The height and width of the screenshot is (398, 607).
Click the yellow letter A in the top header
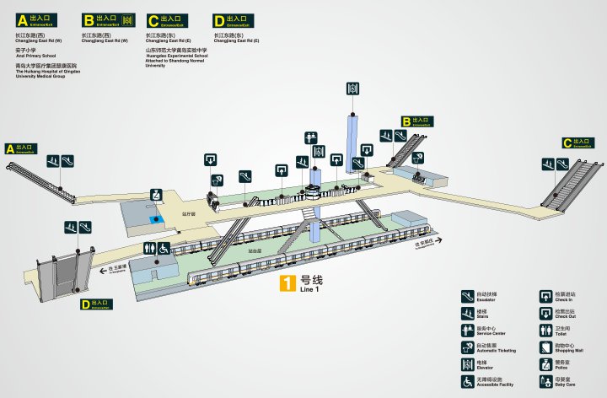[x=22, y=20]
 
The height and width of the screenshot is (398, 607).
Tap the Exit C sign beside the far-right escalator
[x=579, y=143]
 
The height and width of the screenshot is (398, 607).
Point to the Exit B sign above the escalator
[x=416, y=121]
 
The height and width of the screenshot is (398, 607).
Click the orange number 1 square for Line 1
[x=288, y=285]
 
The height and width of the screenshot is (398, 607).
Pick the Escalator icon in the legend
[x=468, y=296]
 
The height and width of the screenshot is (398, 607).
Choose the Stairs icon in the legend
[x=468, y=313]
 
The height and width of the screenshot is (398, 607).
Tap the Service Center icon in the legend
[x=468, y=330]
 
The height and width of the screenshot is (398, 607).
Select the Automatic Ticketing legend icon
[x=468, y=347]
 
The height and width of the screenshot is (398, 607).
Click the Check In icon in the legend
[x=545, y=296]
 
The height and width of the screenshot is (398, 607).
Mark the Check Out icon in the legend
[x=545, y=313]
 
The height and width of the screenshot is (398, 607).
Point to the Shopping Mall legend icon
[x=545, y=347]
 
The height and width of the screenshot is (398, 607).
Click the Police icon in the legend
[x=545, y=364]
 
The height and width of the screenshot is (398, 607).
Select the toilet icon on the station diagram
[x=149, y=248]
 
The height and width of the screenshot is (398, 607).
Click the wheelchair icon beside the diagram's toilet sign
[x=163, y=248]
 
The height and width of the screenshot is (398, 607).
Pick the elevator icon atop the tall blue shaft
[x=352, y=89]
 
